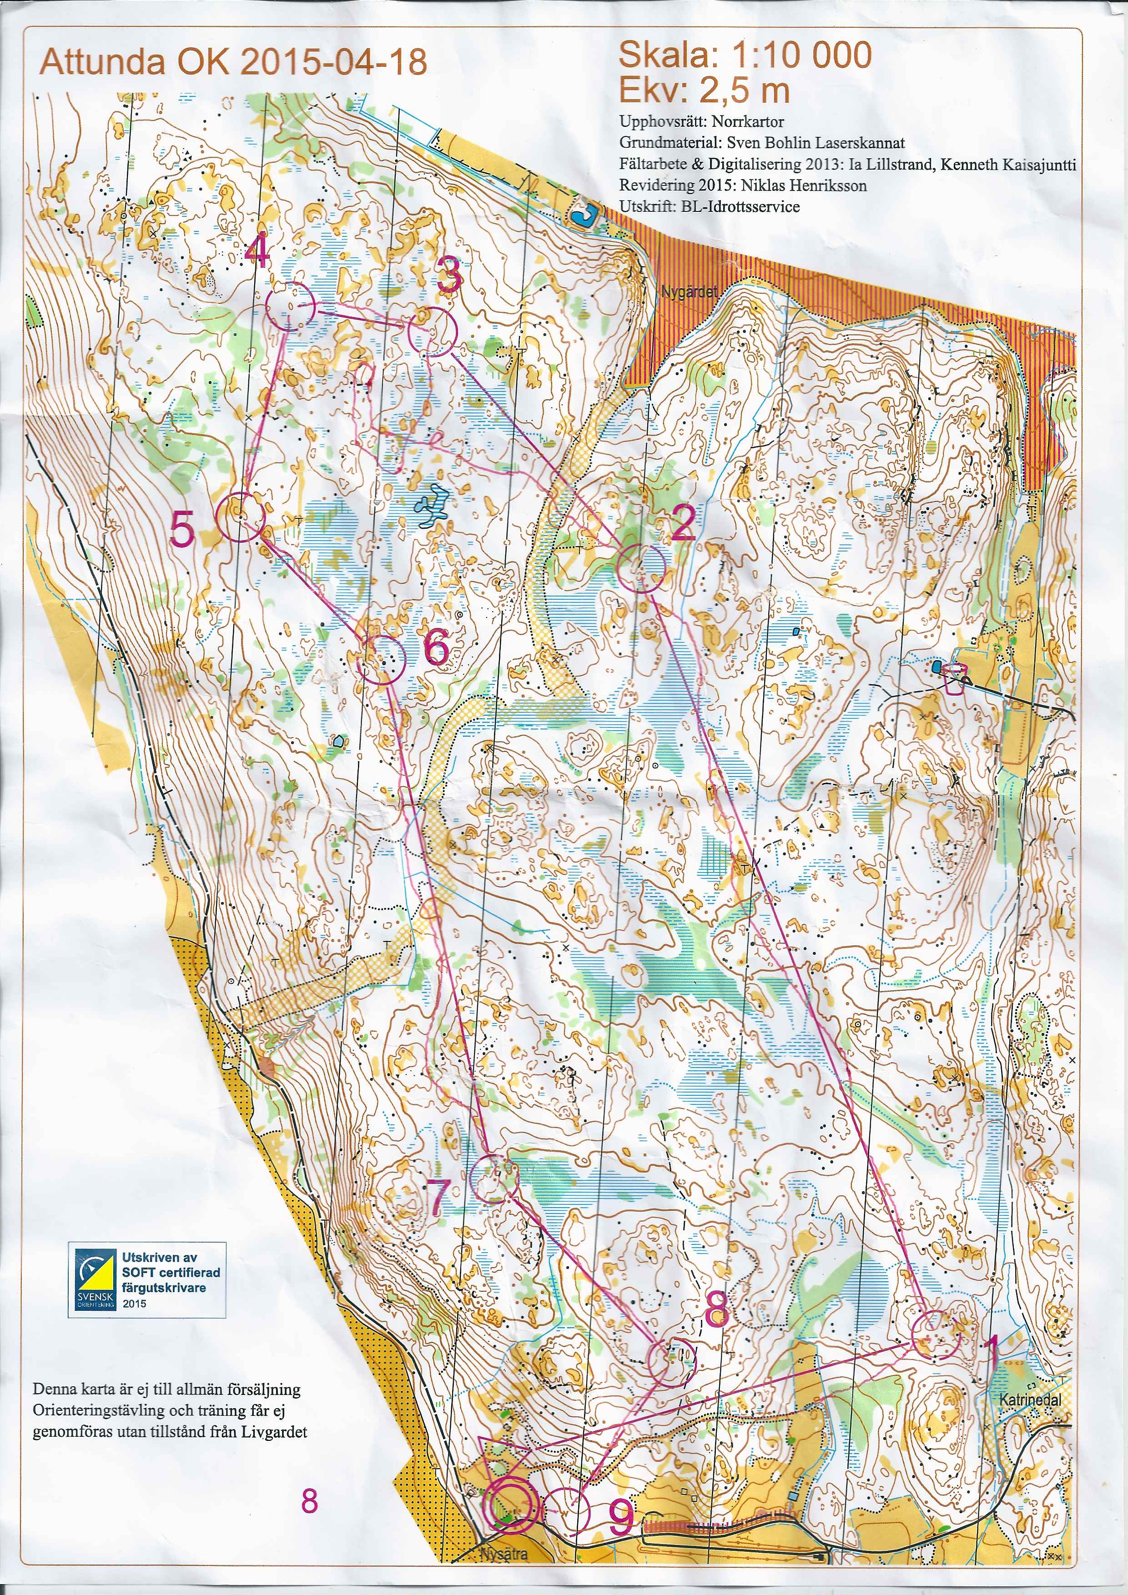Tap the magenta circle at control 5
[x=241, y=517]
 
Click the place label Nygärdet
[x=688, y=292]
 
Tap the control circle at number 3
[x=432, y=333]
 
